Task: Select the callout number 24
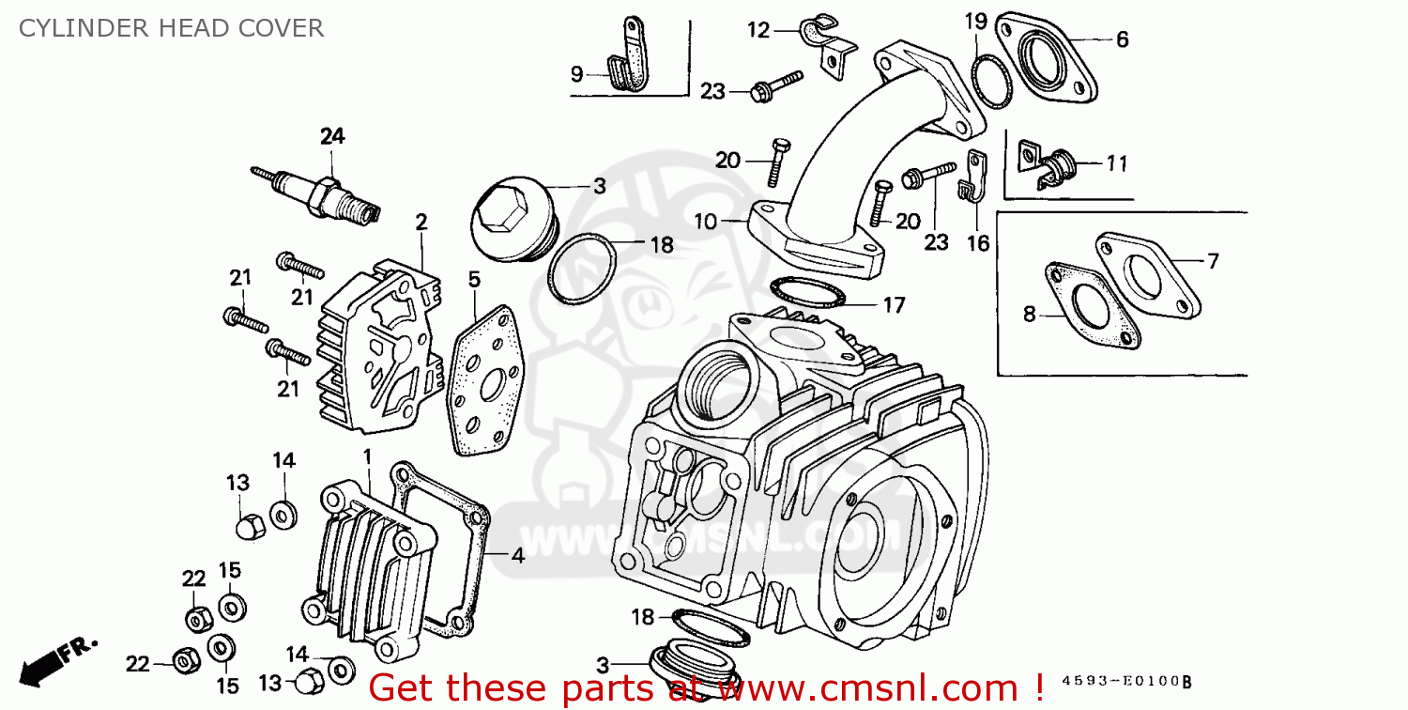click(332, 136)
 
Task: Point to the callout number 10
click(706, 222)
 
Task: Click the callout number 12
click(758, 31)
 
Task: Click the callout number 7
click(1213, 261)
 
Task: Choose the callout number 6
click(1122, 39)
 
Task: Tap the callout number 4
click(517, 555)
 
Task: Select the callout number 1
click(368, 455)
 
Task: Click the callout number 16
click(977, 244)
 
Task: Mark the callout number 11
click(1115, 164)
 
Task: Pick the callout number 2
click(421, 222)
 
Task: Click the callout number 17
click(894, 304)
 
